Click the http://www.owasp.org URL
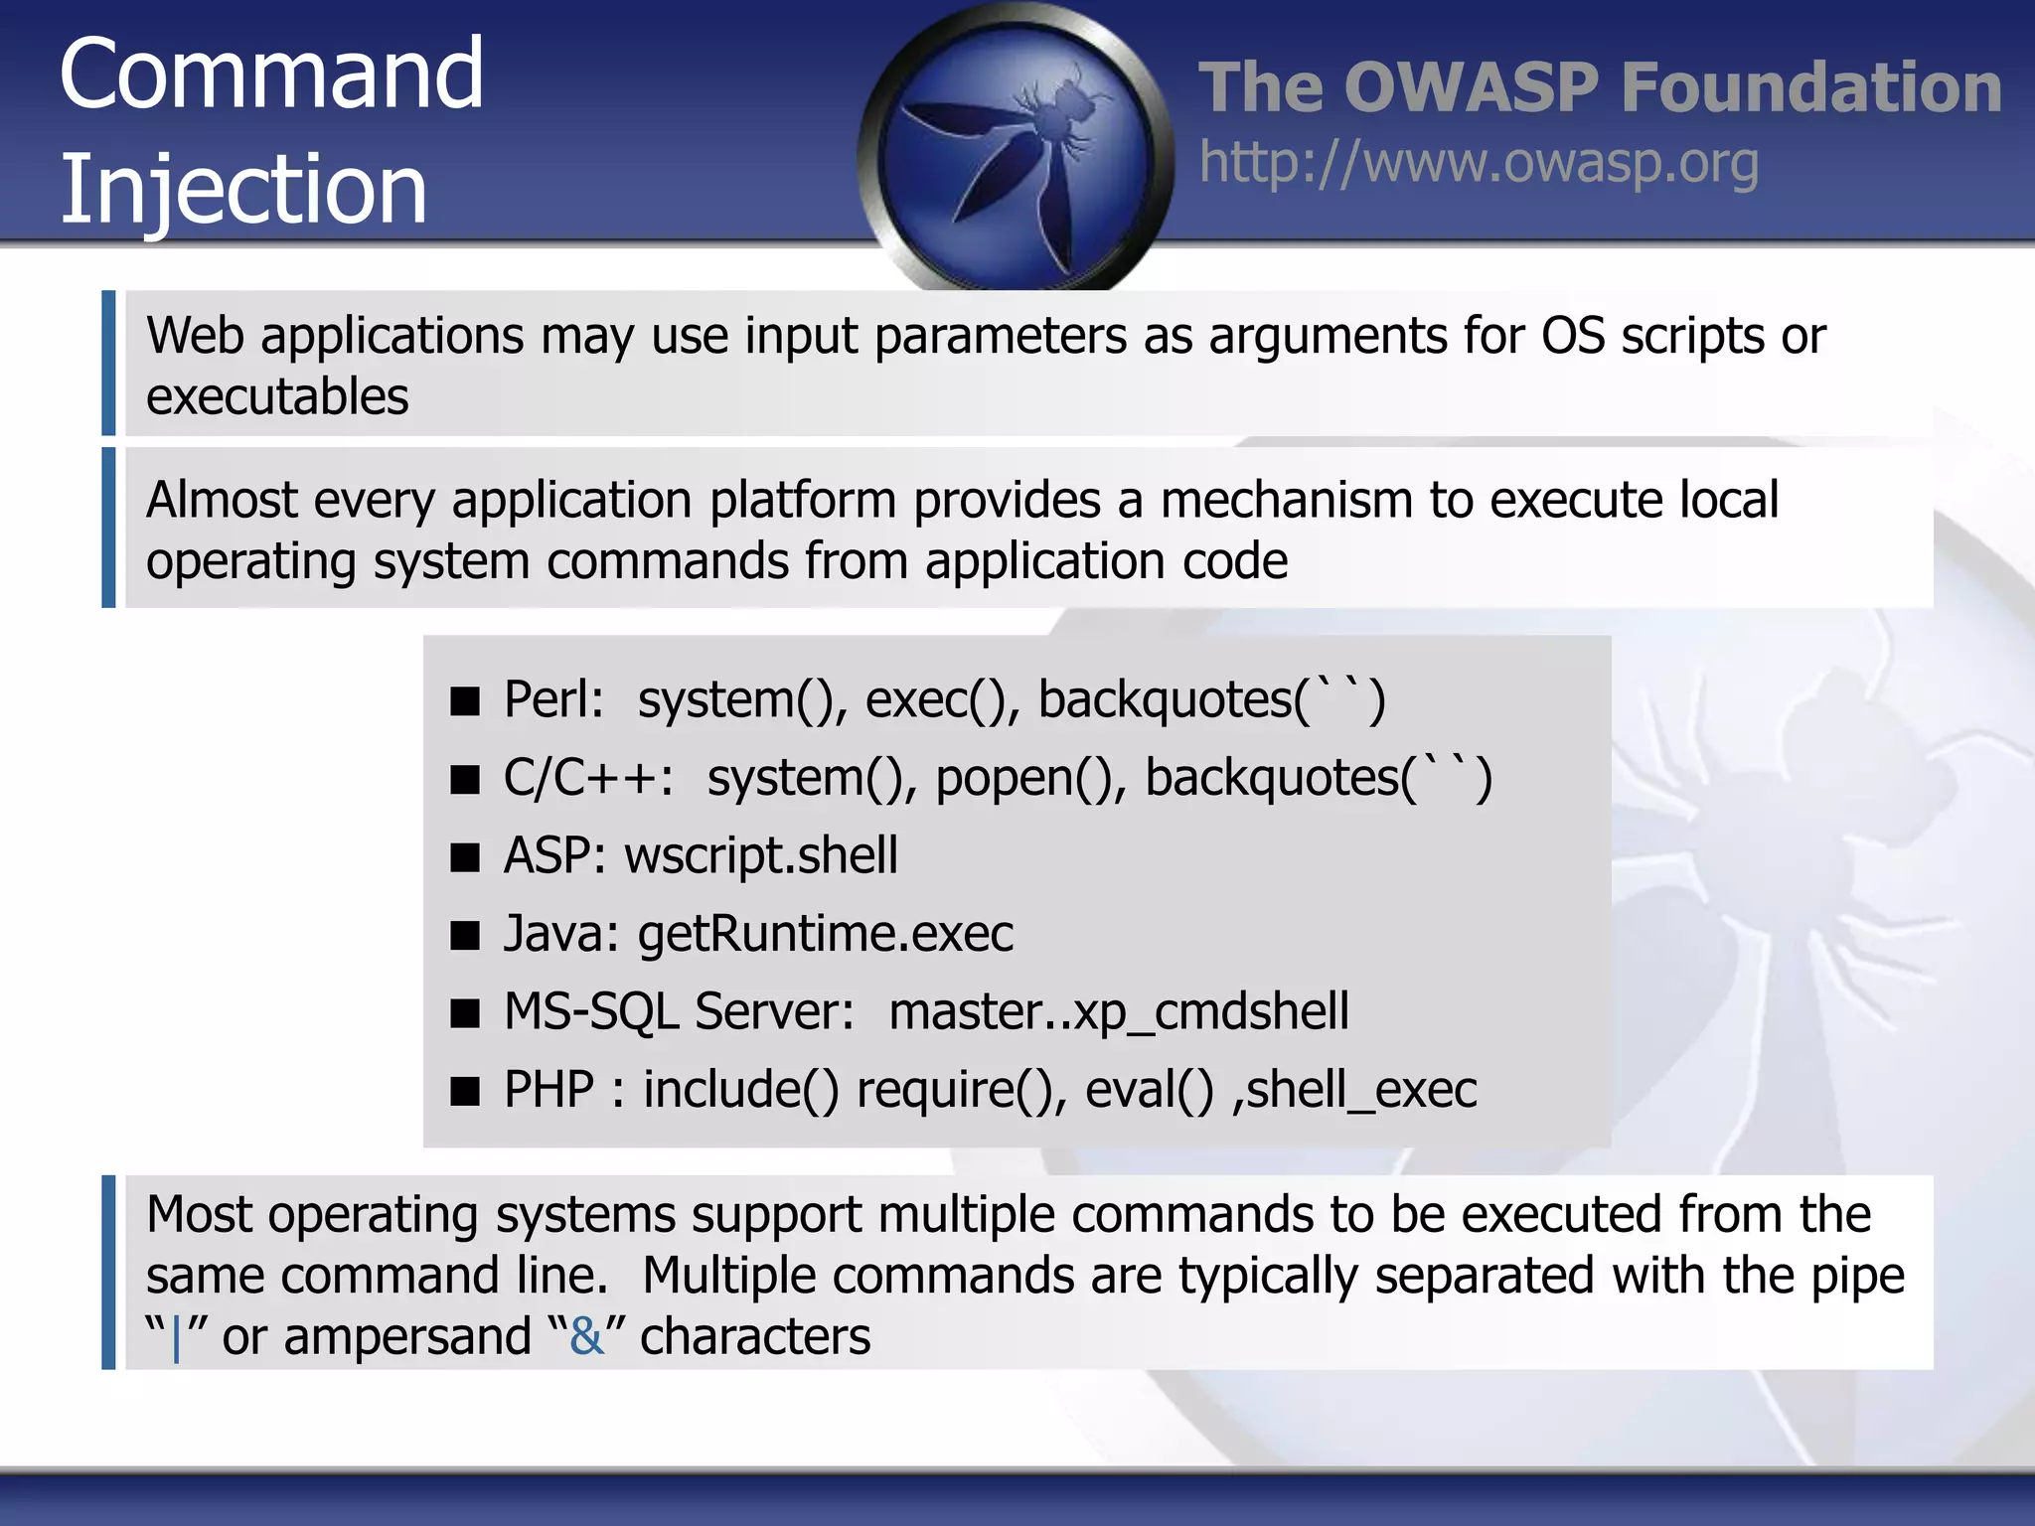pos(1479,163)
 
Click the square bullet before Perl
pos(464,701)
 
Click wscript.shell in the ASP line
pos(760,855)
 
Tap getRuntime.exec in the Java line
pos(825,934)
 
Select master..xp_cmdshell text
pos(1118,1012)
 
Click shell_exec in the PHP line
pos(1361,1090)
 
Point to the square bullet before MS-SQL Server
pos(464,1013)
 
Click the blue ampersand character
pos(586,1336)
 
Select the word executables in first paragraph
pos(277,396)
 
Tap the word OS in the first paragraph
pos(1572,336)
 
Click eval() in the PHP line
pos(1149,1090)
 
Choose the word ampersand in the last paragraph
pos(407,1336)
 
